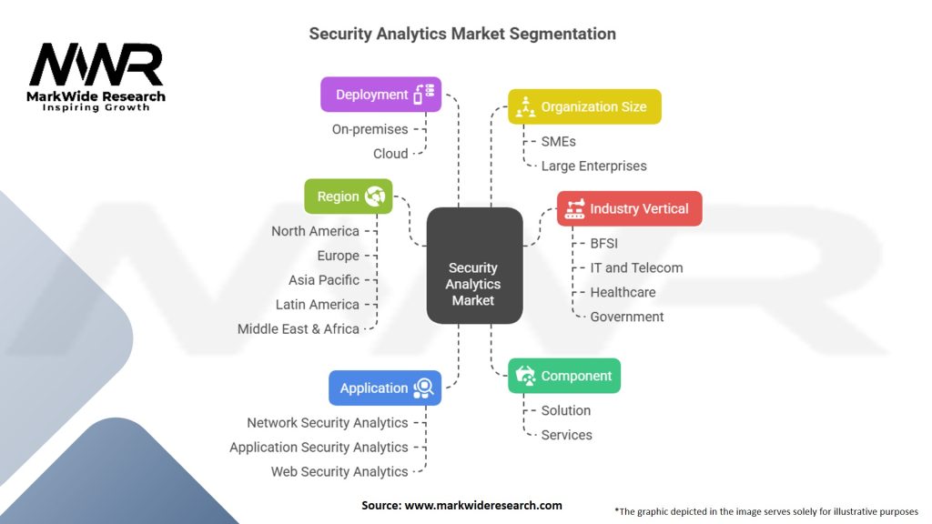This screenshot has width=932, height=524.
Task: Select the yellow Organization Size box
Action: [584, 106]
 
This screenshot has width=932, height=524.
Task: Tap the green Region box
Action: [348, 196]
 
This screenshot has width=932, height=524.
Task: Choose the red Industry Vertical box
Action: [629, 208]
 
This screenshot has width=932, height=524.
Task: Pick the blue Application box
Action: [384, 388]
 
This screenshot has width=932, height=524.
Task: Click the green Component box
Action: [563, 376]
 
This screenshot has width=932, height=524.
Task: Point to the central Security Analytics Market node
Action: [473, 284]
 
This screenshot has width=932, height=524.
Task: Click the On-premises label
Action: [370, 129]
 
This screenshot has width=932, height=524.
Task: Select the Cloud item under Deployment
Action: [390, 154]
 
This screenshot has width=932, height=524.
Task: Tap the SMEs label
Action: [558, 141]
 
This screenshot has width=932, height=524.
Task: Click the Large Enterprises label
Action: [593, 166]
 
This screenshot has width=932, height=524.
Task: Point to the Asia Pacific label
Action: [324, 280]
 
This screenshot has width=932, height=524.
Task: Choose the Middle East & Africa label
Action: [299, 328]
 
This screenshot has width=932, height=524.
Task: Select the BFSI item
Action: [603, 243]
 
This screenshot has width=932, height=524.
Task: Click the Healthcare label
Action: [623, 292]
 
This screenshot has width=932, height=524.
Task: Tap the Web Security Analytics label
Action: [339, 471]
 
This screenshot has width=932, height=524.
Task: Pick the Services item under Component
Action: [566, 435]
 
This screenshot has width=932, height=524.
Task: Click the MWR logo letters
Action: [96, 65]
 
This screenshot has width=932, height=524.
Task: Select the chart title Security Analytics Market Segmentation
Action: [462, 34]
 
